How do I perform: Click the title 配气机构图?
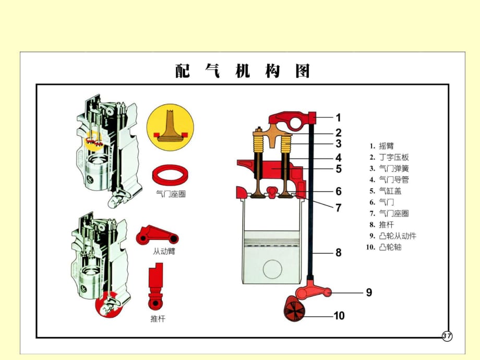coord(243,71)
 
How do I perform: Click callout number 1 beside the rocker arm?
coord(338,117)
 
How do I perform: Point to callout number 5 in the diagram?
coord(338,169)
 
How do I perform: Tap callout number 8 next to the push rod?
coord(338,253)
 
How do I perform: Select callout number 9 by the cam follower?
coord(369,293)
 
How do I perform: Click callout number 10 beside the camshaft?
coord(339,316)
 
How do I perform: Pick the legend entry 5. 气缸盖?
coord(386,191)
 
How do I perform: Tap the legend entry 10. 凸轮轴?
coord(386,247)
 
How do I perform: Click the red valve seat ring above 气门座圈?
coord(171,174)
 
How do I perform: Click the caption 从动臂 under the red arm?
coord(164,251)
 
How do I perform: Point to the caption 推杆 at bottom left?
coord(158,318)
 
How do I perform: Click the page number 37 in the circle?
coord(447,336)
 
